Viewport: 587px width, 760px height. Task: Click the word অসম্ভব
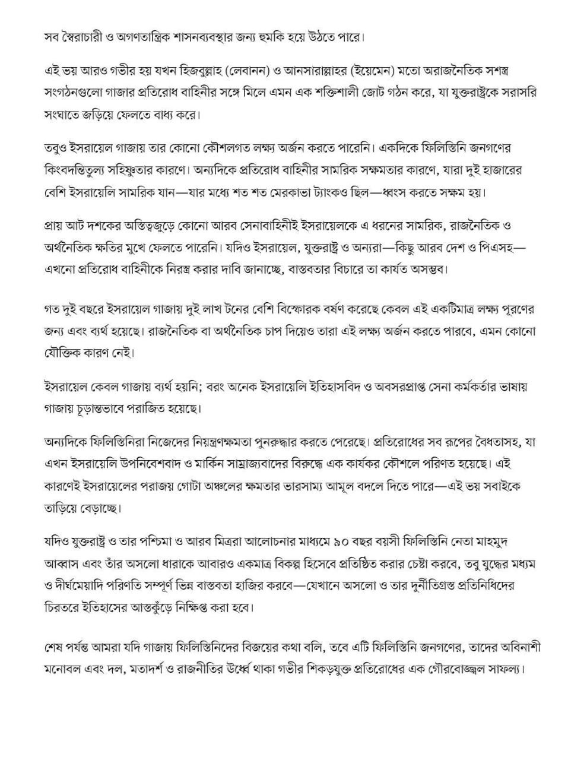(424, 269)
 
